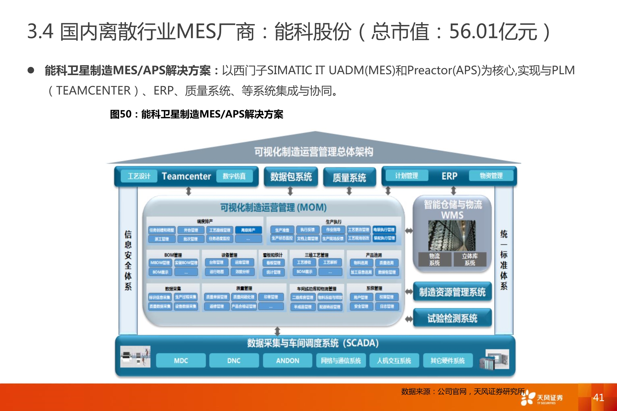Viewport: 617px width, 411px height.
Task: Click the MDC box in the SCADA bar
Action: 181,361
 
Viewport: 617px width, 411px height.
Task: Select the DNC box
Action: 234,361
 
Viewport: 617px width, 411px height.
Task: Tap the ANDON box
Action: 287,361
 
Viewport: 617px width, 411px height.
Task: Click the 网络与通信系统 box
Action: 341,361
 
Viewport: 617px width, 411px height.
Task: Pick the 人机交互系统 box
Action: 394,361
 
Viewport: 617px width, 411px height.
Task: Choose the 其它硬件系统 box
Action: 448,361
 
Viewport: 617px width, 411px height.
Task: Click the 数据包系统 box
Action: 291,177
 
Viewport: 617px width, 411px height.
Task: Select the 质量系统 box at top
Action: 349,178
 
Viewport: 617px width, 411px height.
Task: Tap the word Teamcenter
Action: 186,176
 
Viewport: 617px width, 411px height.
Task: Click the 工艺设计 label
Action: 139,176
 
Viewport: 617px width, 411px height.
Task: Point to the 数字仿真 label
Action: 234,176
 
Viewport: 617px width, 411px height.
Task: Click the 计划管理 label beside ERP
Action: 406,175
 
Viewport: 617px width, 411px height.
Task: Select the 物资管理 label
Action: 491,175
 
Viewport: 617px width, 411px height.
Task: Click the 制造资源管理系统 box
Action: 452,292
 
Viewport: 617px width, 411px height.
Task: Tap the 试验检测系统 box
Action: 452,318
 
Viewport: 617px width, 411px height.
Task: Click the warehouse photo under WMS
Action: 452,236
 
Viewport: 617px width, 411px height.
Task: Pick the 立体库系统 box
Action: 470,259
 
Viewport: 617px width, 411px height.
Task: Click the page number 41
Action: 598,397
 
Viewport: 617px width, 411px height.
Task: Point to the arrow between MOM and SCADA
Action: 277,331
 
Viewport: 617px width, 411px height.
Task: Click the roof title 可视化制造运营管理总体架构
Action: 314,151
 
